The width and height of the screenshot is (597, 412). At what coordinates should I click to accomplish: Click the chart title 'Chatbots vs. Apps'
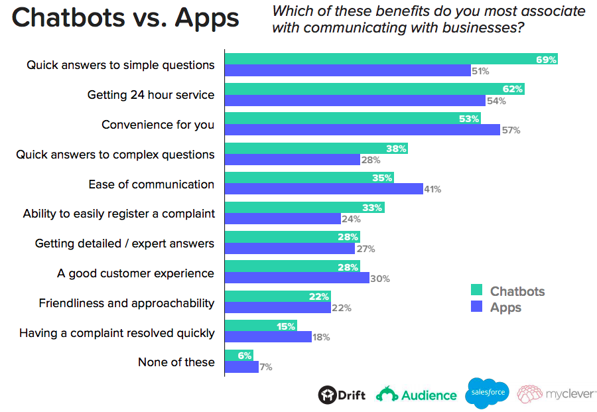tap(125, 19)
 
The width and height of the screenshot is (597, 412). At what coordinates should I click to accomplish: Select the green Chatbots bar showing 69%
tap(391, 59)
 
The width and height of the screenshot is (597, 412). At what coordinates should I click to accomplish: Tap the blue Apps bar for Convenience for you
tap(362, 130)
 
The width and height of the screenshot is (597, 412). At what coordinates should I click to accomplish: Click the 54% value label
tap(497, 101)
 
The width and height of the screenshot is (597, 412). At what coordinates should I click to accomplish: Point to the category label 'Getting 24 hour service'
tap(151, 95)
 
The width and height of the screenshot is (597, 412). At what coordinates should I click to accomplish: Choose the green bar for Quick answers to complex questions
tap(316, 149)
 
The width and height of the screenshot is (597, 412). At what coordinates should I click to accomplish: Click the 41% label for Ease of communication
tap(432, 190)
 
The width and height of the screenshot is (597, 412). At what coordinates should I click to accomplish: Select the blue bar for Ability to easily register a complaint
tap(283, 219)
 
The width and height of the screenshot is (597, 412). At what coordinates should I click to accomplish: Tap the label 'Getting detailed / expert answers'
tap(125, 243)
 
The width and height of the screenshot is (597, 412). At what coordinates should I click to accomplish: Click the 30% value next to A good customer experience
tap(379, 279)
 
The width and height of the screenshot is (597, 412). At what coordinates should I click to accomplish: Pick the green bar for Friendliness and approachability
tap(277, 297)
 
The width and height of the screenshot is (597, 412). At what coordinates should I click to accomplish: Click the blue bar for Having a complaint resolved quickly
tap(268, 337)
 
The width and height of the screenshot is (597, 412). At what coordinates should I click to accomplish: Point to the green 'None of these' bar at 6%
tap(239, 356)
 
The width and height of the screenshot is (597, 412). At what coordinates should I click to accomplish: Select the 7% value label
tap(265, 367)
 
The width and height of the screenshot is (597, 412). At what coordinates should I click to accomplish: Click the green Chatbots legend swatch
tap(476, 291)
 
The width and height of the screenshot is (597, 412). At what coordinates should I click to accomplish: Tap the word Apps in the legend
tap(505, 307)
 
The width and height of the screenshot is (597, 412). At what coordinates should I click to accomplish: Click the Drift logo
tap(342, 395)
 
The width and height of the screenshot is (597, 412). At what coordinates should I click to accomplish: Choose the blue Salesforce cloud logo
tap(488, 393)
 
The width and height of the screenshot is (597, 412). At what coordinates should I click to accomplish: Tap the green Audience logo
tap(417, 395)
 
